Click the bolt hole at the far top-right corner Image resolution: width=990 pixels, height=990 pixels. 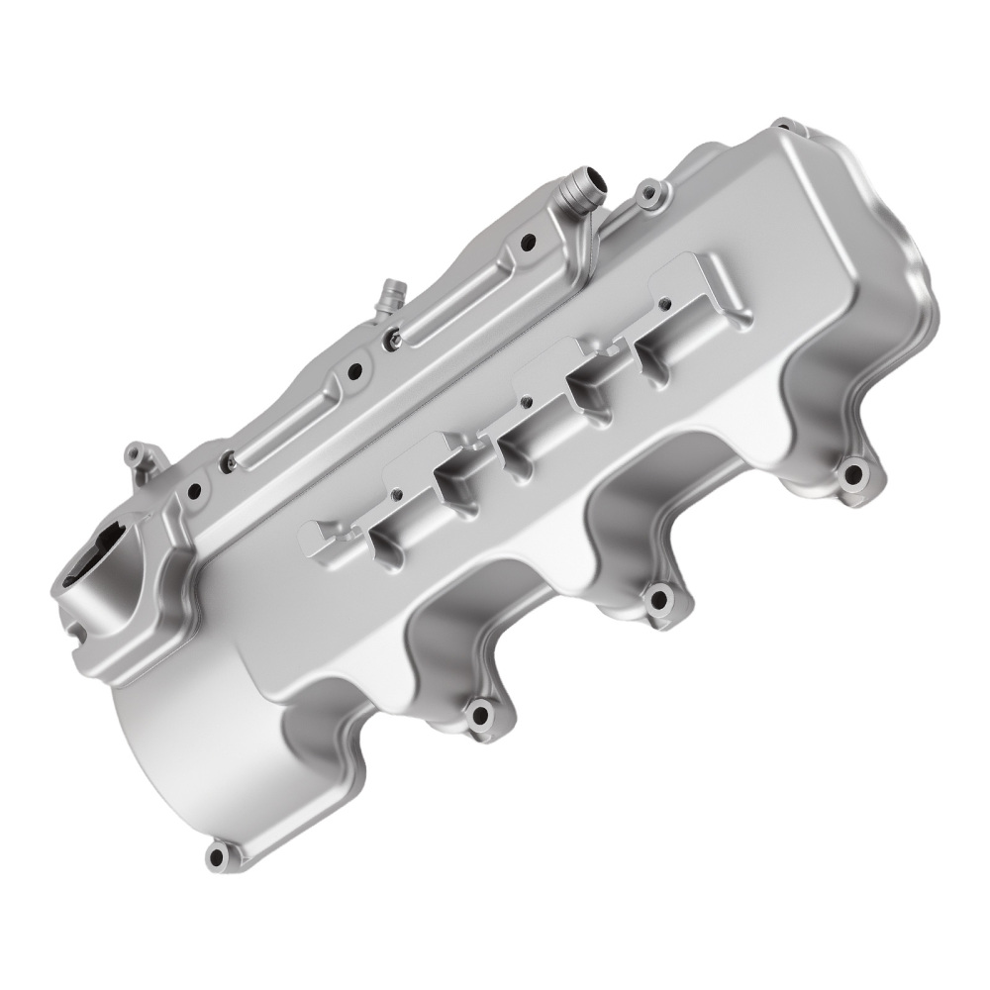[784, 125]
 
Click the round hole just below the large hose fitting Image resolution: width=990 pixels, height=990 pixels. [528, 240]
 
